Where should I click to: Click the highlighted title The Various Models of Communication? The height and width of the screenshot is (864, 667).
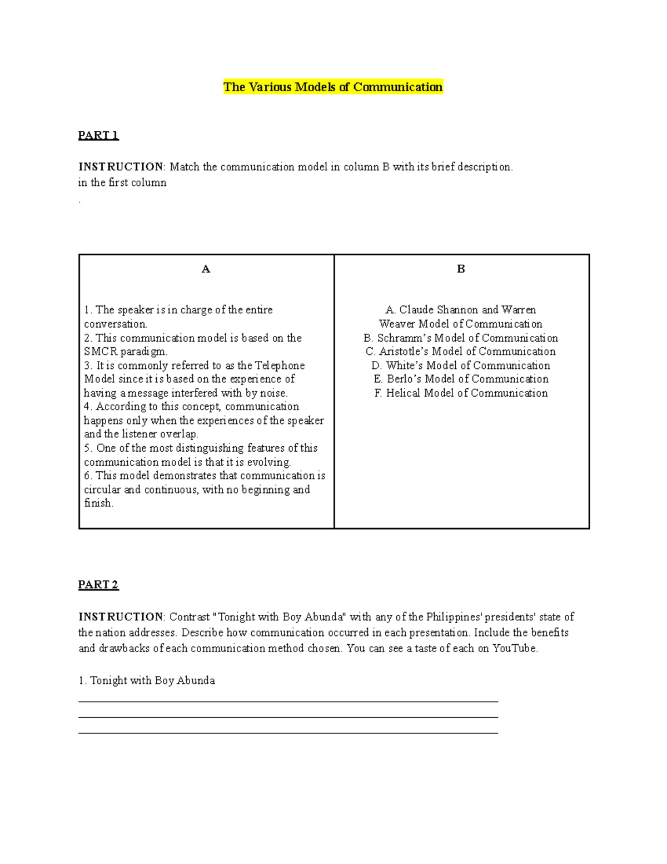(333, 87)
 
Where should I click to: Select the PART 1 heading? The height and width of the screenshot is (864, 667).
(98, 135)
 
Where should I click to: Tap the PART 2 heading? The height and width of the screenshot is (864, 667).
(98, 585)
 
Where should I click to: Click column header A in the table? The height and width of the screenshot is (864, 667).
(206, 269)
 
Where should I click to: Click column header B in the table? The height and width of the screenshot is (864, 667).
(461, 269)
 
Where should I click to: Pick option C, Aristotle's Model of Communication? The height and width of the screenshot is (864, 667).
(461, 352)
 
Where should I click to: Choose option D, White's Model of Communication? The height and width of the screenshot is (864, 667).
(461, 366)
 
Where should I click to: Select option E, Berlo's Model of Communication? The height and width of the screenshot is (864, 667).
(461, 379)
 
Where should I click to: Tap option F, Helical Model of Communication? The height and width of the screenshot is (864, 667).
(461, 393)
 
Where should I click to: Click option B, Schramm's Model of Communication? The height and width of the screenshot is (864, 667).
(461, 338)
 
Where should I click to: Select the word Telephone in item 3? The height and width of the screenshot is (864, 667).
(280, 366)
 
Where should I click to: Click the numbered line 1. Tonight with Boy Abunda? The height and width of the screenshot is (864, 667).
(147, 680)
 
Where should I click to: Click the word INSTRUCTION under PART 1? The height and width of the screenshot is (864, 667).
(121, 167)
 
